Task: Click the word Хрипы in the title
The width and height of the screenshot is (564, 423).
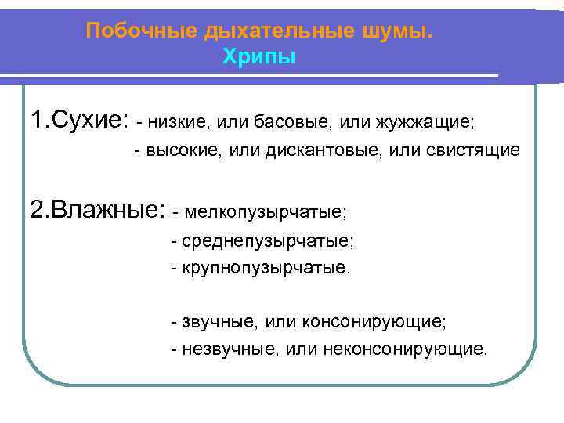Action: pos(259,57)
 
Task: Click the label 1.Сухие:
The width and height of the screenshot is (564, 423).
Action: pos(78,121)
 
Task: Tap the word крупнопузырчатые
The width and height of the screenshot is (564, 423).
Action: pos(266,269)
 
